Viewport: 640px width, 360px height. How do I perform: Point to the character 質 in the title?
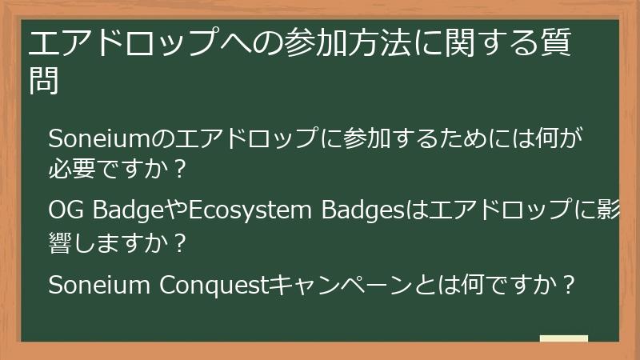point(554,43)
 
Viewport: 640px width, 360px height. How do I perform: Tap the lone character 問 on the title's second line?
point(45,79)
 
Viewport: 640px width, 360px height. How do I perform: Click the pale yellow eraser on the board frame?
point(564,338)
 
